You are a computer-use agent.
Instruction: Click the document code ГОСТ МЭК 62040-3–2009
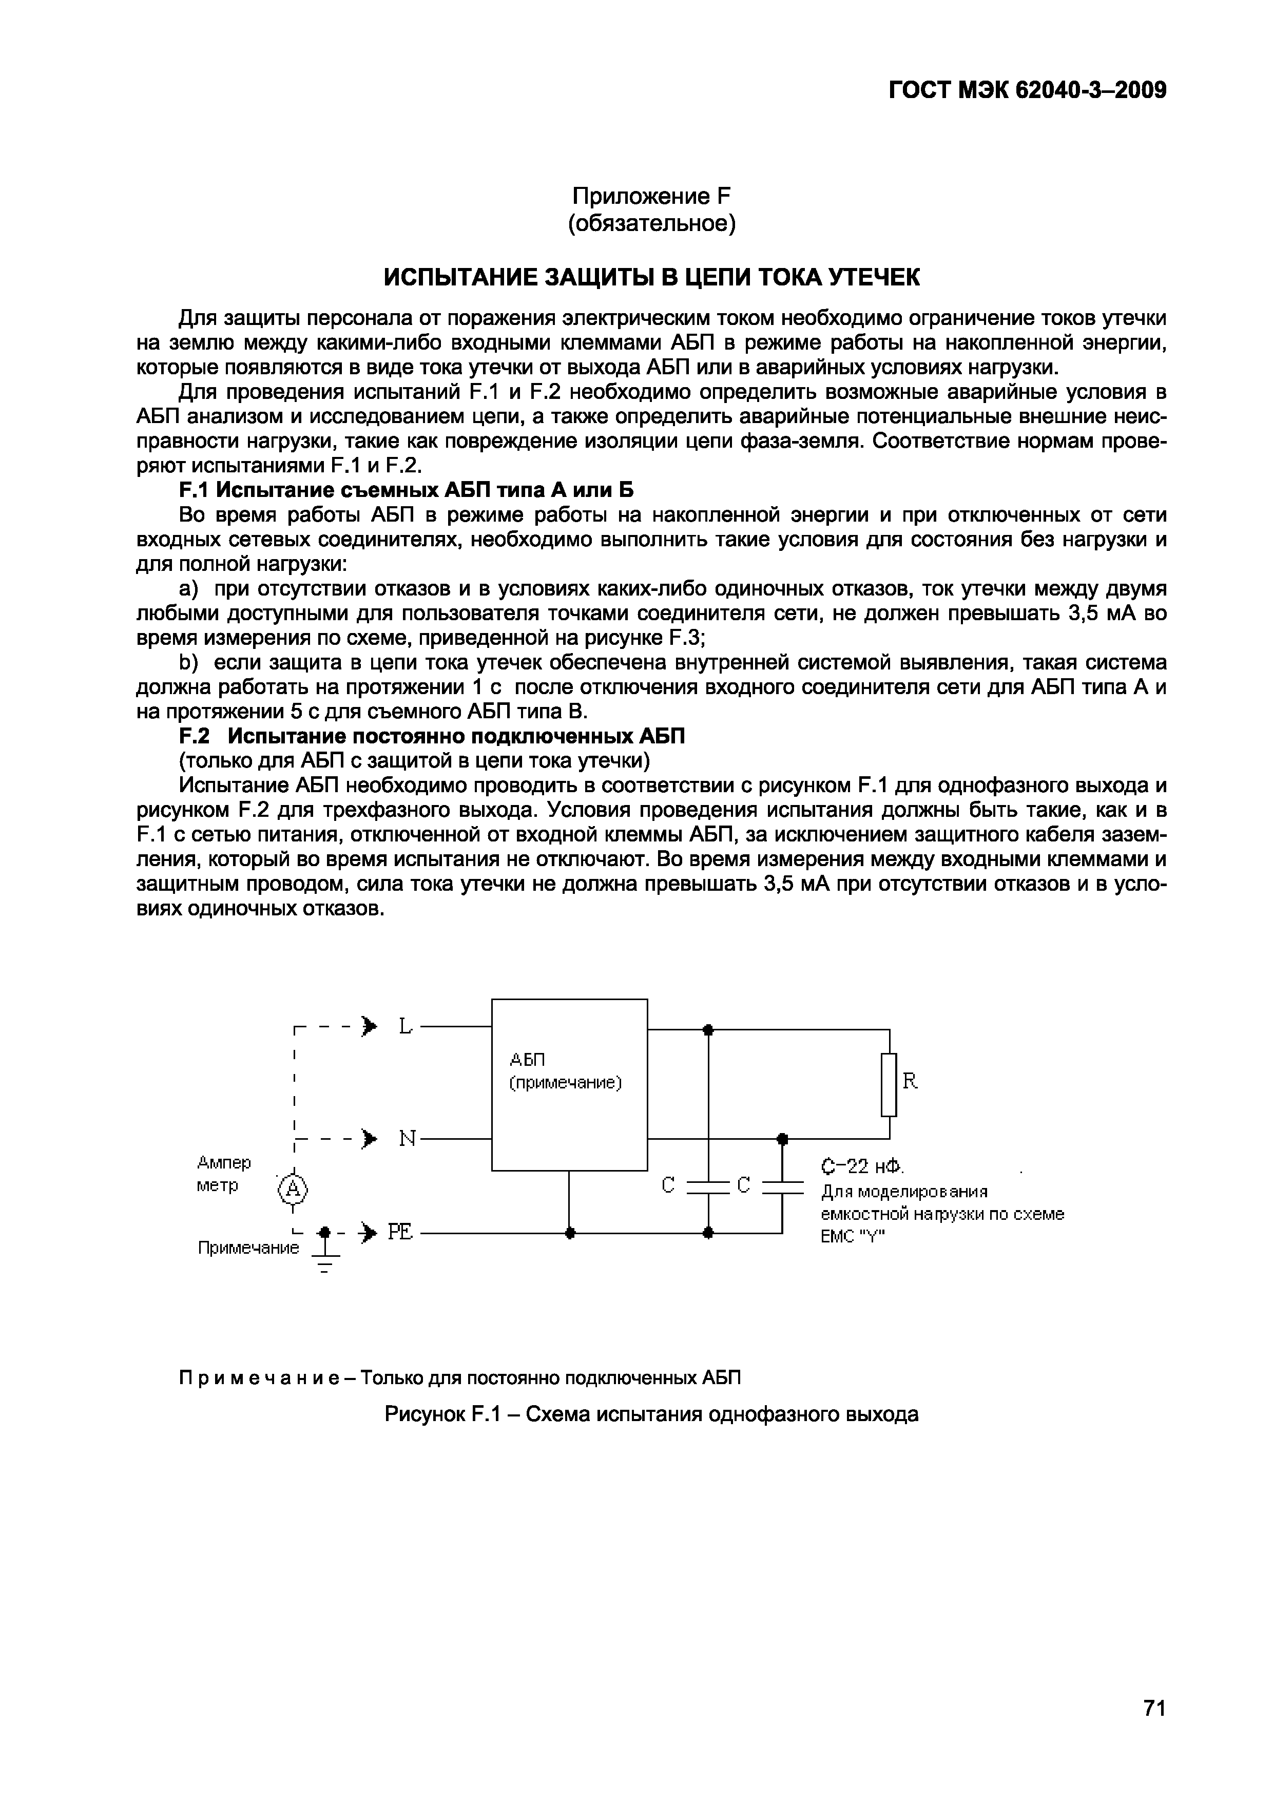tap(1028, 91)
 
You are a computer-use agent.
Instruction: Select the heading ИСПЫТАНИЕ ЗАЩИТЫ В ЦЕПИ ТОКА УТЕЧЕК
tap(650, 277)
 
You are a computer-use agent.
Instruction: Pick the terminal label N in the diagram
tap(407, 1138)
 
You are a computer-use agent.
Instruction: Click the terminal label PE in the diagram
tap(400, 1233)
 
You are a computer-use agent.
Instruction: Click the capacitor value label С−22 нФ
tap(863, 1167)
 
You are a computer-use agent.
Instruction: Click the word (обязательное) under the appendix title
tap(651, 224)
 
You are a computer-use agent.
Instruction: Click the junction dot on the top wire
tap(708, 1029)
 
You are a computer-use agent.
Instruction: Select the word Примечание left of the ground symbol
tap(248, 1248)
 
